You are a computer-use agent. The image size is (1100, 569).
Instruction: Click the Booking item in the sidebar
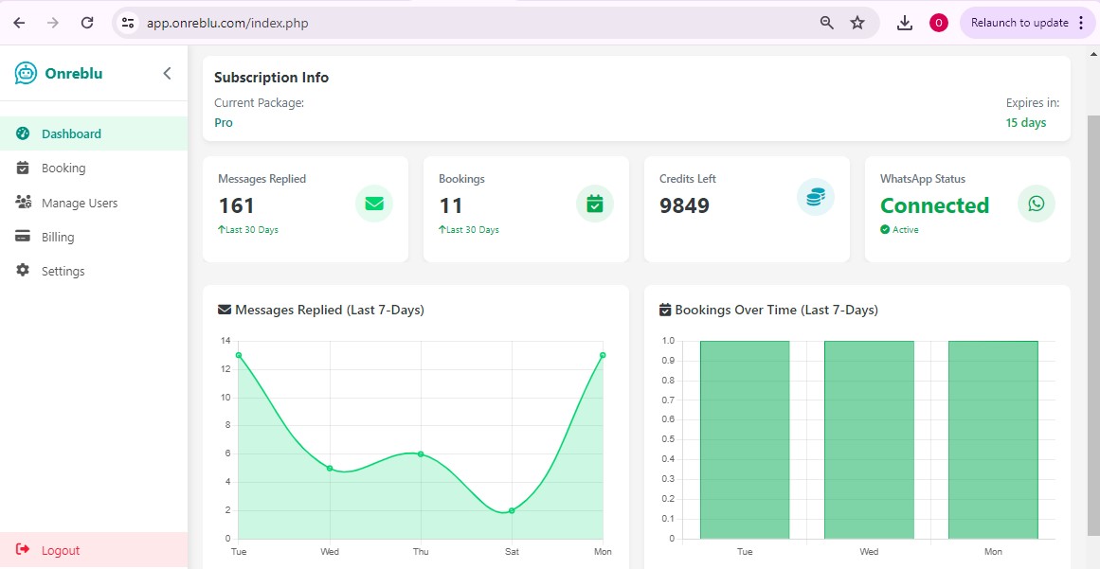coord(63,169)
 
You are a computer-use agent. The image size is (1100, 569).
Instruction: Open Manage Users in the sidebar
coord(79,203)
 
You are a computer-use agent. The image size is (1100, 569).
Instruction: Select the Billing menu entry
coord(57,237)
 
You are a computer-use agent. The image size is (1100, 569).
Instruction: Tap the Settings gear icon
coord(23,271)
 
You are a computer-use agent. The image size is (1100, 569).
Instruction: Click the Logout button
coord(60,550)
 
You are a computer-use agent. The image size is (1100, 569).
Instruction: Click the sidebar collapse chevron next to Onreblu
coord(167,73)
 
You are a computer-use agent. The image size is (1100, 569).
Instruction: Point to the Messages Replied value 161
coord(236,205)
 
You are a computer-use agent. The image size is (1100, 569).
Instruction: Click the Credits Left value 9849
coord(684,205)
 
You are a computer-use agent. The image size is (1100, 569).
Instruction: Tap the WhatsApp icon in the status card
coord(1036,204)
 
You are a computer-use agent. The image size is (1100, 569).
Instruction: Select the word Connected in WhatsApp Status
coord(934,205)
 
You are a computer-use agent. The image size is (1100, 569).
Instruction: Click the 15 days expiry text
coord(1025,122)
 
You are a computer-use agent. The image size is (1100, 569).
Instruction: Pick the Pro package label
coord(223,122)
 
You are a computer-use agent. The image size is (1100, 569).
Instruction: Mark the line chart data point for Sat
coord(512,510)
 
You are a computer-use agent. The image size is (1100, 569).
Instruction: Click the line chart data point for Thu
coord(421,453)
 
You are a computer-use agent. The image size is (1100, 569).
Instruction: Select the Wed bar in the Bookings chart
coord(869,440)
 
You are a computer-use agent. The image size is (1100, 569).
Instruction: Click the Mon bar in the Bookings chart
coord(992,440)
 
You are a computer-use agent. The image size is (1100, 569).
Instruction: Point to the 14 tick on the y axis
coord(225,341)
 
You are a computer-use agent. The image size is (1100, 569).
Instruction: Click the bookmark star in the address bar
coord(857,23)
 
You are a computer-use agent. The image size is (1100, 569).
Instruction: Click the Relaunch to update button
coord(1019,23)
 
